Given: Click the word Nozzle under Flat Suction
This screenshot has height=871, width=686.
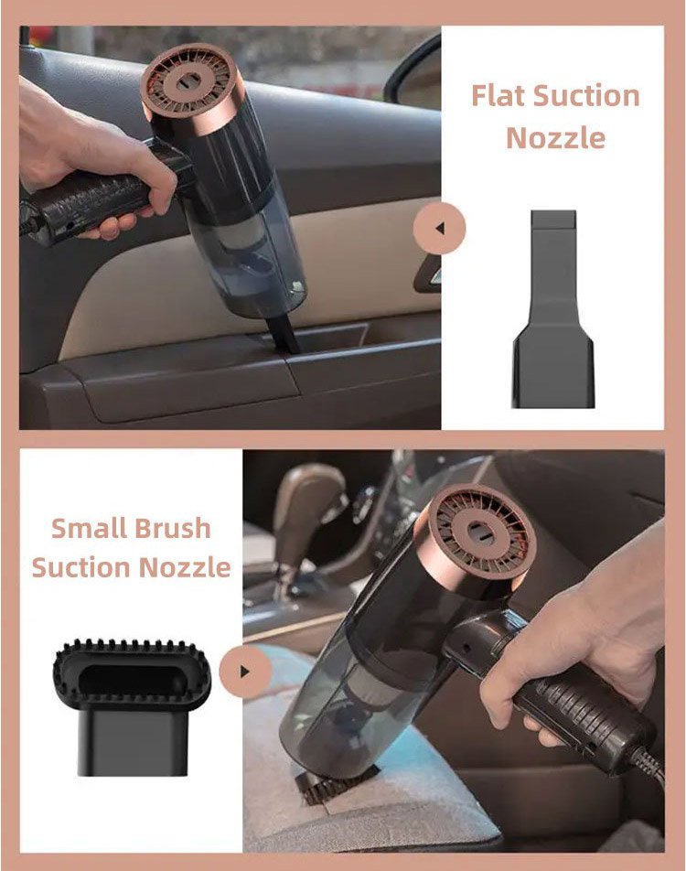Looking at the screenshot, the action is click(555, 137).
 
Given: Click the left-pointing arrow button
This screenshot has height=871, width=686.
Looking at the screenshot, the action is click(439, 229).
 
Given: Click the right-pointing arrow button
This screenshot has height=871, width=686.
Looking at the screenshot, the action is click(245, 671).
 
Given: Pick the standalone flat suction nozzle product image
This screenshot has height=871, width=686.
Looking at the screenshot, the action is click(553, 309).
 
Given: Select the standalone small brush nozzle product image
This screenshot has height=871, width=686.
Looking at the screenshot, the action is click(132, 706).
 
